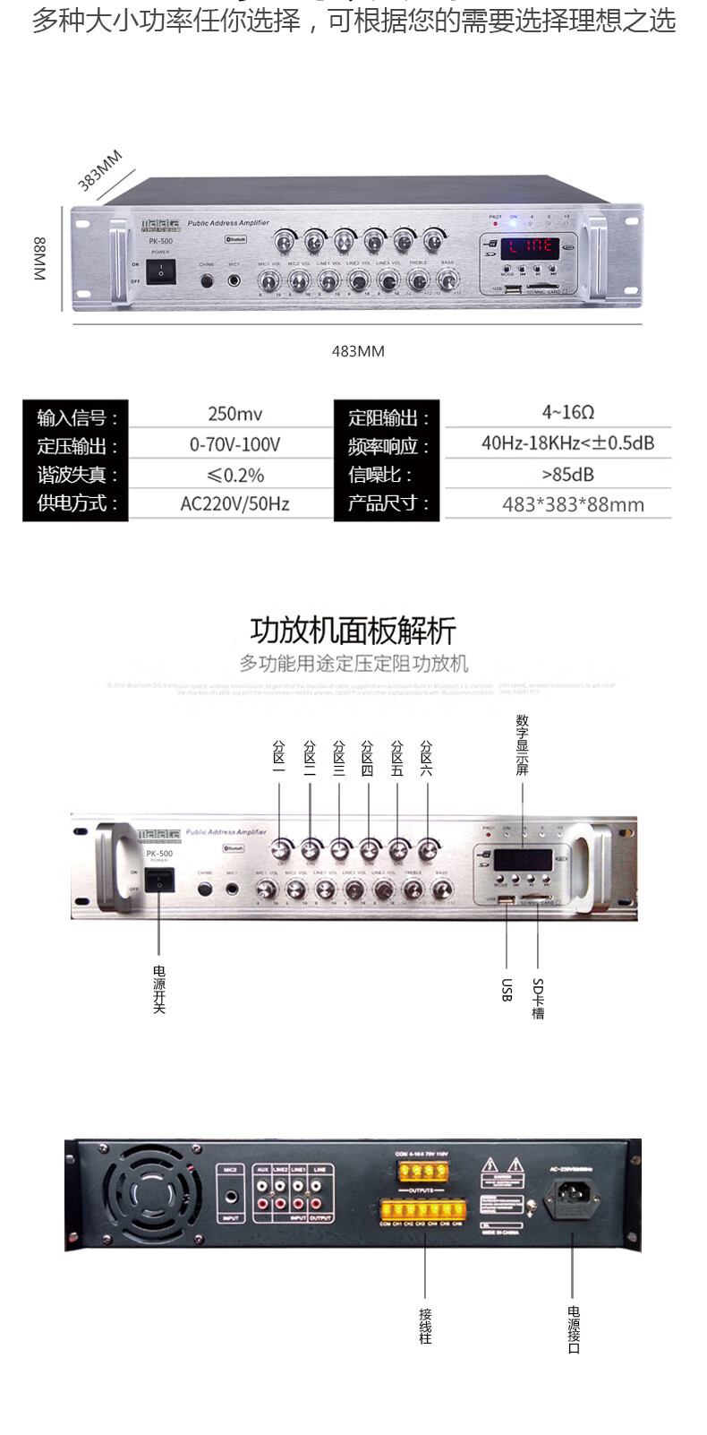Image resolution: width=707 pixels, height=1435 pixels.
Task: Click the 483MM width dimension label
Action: (358, 351)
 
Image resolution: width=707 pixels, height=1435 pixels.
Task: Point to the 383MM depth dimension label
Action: (99, 171)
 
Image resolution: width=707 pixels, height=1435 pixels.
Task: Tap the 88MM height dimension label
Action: (40, 259)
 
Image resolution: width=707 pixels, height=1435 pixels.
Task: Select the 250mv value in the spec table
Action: (234, 414)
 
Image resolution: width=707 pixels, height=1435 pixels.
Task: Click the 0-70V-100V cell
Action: (234, 444)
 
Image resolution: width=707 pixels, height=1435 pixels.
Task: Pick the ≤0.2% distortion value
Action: (234, 475)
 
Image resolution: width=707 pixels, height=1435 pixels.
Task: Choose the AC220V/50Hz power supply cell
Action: (234, 503)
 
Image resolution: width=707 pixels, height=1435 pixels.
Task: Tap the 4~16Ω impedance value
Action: (567, 412)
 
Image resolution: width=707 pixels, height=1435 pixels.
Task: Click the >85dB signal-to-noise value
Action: (567, 474)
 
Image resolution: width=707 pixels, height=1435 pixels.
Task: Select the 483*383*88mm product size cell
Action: (573, 504)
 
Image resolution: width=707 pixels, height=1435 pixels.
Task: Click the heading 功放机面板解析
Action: (353, 631)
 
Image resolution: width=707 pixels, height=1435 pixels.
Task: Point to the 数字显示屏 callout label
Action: (522, 744)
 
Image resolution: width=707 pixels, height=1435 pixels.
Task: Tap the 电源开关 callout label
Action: (159, 989)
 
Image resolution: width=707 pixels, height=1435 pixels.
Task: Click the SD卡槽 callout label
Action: (538, 998)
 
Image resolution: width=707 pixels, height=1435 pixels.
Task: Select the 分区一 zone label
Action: (279, 758)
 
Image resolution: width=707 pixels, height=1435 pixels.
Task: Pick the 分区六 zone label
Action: (426, 758)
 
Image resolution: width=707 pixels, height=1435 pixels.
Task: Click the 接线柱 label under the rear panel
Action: (425, 1326)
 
